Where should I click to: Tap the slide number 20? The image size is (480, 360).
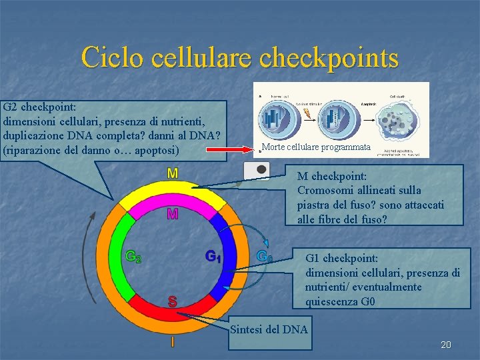pyautogui.click(x=446, y=345)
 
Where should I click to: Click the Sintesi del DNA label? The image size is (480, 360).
pyautogui.click(x=269, y=329)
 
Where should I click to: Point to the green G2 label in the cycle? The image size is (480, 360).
pyautogui.click(x=133, y=256)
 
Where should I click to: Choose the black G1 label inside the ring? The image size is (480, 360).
pyautogui.click(x=213, y=256)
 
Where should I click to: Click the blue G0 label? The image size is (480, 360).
pyautogui.click(x=265, y=255)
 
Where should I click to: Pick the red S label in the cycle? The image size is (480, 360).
pyautogui.click(x=173, y=301)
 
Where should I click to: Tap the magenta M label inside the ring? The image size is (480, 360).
pyautogui.click(x=173, y=214)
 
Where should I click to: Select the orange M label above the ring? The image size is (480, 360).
pyautogui.click(x=173, y=173)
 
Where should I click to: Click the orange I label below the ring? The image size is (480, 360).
pyautogui.click(x=173, y=342)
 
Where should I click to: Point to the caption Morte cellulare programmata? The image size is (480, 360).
pyautogui.click(x=316, y=147)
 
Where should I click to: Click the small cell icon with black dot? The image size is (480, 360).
pyautogui.click(x=257, y=170)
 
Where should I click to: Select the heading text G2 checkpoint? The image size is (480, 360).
pyautogui.click(x=40, y=107)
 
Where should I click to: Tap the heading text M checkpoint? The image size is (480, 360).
pyautogui.click(x=332, y=177)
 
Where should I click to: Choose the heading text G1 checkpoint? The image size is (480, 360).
pyautogui.click(x=341, y=258)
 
